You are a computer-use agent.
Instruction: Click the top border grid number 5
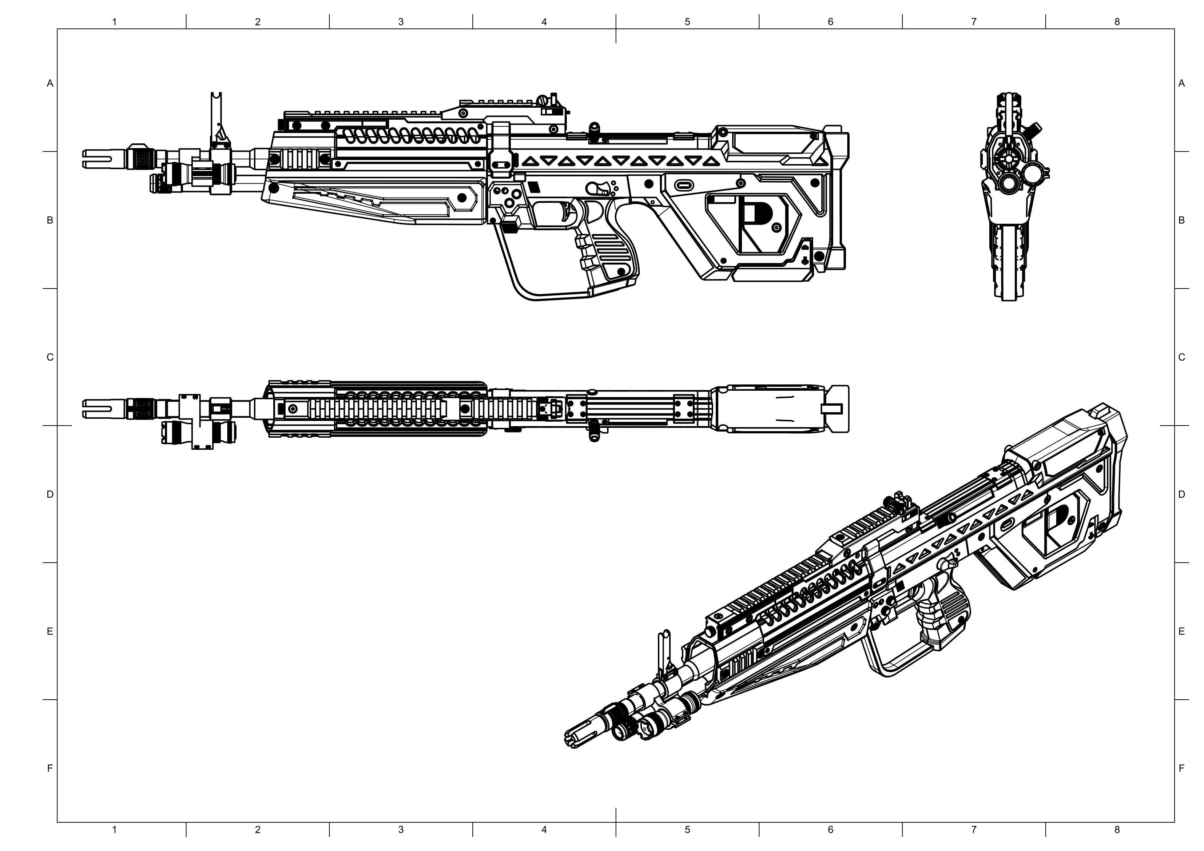(x=687, y=22)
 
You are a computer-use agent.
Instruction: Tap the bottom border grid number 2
(x=258, y=830)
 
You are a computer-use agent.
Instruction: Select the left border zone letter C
(x=50, y=357)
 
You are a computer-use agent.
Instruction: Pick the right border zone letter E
(x=1181, y=631)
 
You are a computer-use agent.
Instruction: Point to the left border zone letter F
(x=50, y=768)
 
